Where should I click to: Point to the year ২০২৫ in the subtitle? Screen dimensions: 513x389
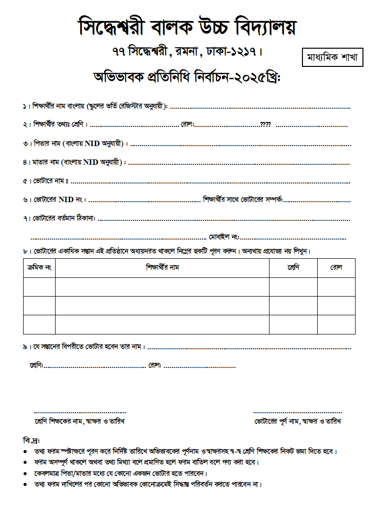[247, 78]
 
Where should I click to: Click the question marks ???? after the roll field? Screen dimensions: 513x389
[265, 124]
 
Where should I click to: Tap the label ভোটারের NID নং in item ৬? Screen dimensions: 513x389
[60, 200]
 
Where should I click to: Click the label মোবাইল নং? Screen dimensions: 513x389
[223, 236]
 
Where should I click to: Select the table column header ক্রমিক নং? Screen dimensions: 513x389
[39, 268]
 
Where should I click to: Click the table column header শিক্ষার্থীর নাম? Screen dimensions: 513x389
[162, 268]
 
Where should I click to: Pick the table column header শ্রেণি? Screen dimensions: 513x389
[293, 268]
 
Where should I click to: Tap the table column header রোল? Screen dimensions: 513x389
[336, 268]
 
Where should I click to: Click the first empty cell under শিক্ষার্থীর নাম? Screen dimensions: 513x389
[162, 287]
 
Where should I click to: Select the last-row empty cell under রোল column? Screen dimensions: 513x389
[336, 324]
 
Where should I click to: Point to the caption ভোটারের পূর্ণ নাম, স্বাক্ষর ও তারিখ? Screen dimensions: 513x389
[298, 422]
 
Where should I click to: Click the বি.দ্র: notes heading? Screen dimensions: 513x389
[31, 439]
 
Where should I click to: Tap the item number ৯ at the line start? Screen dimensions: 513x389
[25, 347]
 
